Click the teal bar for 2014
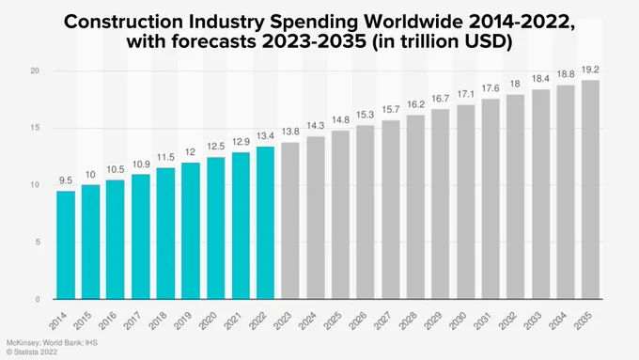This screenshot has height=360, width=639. [66, 245]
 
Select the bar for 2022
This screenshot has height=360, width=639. [265, 223]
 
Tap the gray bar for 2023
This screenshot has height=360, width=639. [290, 221]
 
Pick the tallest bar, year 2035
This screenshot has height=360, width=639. [590, 190]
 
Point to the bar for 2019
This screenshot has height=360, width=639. [191, 231]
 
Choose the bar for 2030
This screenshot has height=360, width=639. [466, 202]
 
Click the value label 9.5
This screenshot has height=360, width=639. [66, 180]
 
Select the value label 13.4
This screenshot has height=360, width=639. [265, 135]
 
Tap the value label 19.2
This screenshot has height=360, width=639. [590, 70]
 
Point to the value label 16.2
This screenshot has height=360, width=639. [415, 104]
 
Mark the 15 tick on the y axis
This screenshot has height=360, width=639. [35, 128]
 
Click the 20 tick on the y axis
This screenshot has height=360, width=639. [35, 70]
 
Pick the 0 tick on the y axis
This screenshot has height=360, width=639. [38, 299]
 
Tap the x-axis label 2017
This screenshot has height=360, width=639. [132, 321]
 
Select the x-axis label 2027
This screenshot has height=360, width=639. [382, 321]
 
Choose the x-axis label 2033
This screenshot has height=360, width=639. [532, 321]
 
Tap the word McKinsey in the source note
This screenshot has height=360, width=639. [23, 343]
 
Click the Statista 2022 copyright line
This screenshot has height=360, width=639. [32, 352]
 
